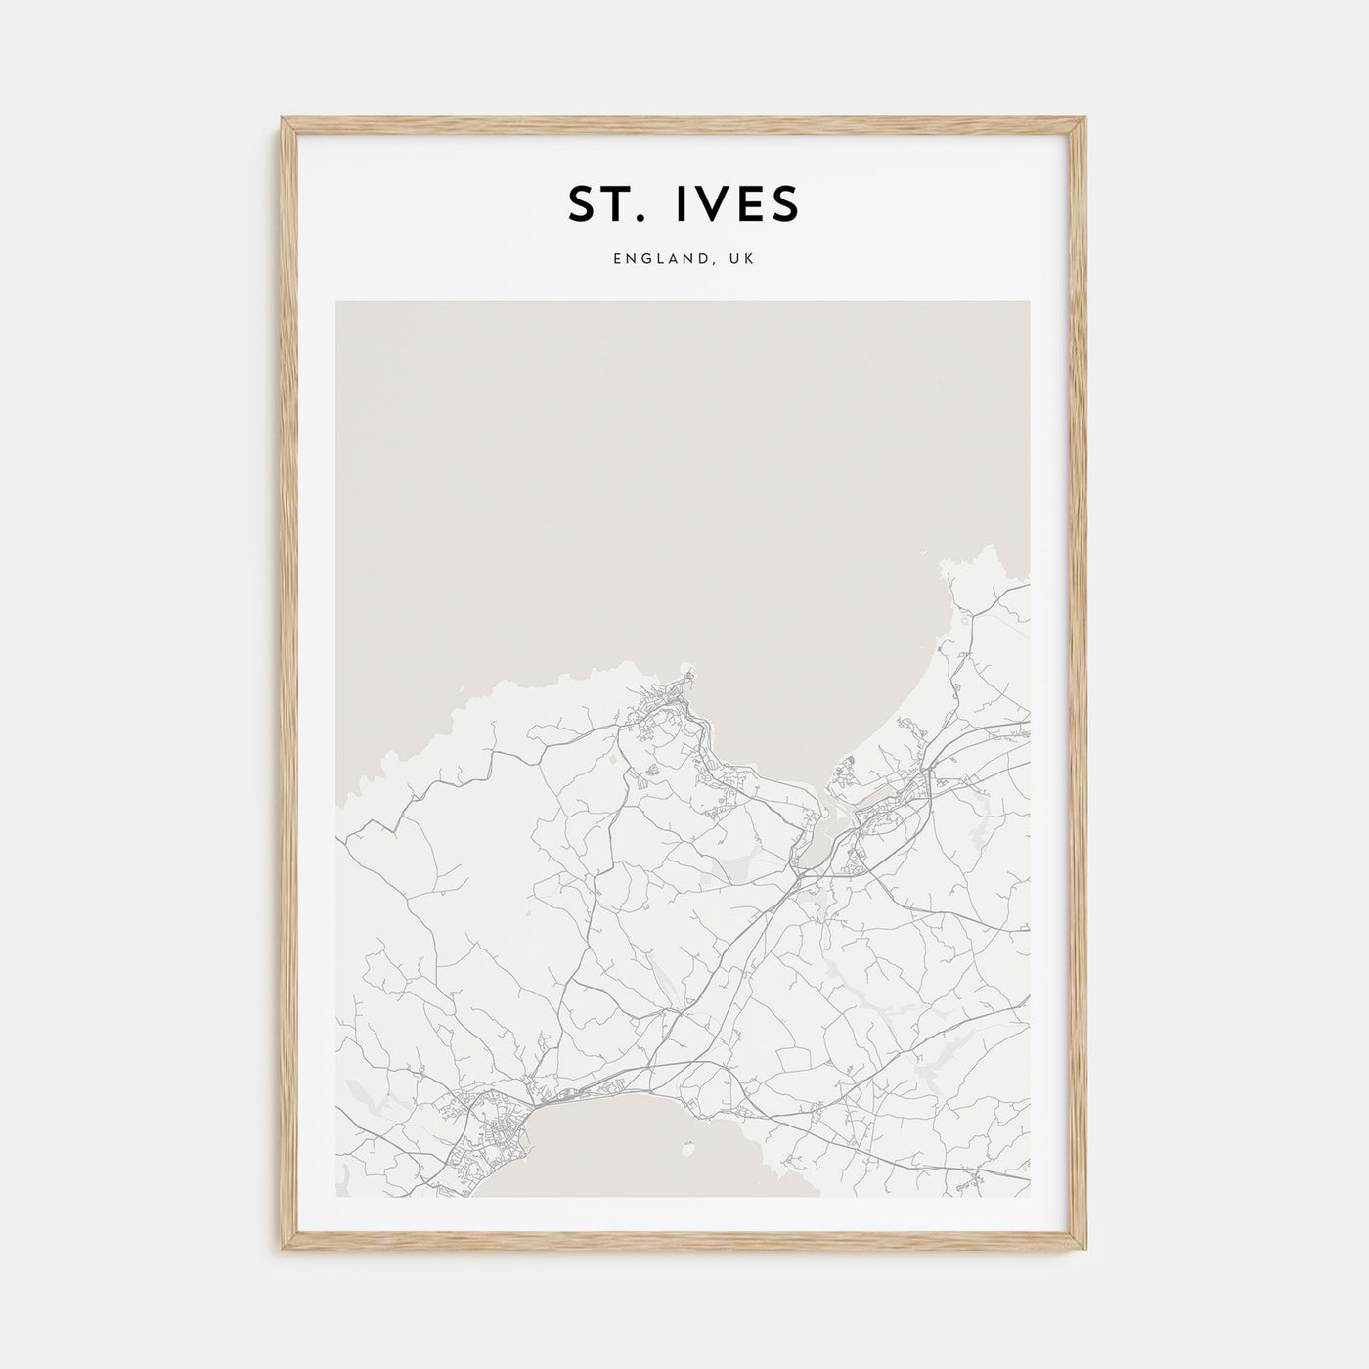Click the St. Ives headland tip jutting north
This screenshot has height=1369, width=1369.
pyautogui.click(x=690, y=672)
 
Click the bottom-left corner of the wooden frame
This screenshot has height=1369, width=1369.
pyautogui.click(x=285, y=1249)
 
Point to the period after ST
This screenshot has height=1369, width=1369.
pyautogui.click(x=638, y=218)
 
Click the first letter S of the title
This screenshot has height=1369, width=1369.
pyautogui.click(x=581, y=202)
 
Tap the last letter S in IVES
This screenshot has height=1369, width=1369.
pyautogui.click(x=784, y=202)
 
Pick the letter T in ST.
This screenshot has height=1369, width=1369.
pyautogui.click(x=613, y=202)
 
